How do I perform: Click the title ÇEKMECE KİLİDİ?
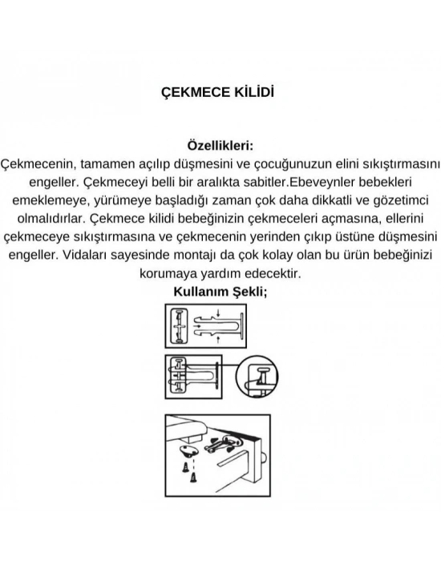click(219, 92)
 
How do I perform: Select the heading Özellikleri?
click(219, 146)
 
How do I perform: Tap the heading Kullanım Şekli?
click(220, 292)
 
